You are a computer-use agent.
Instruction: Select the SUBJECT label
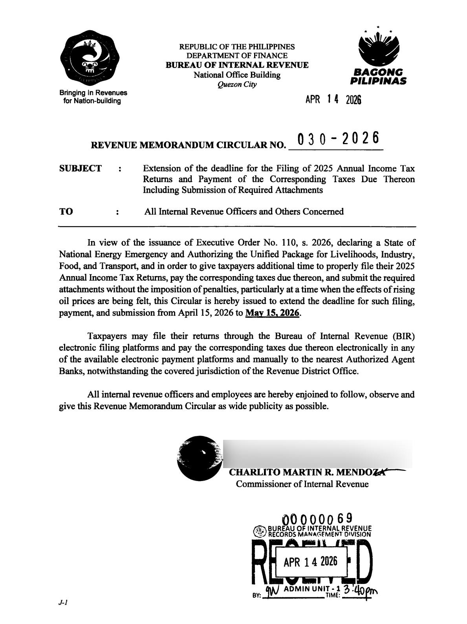pyautogui.click(x=80, y=168)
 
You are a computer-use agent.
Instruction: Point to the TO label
pyautogui.click(x=66, y=212)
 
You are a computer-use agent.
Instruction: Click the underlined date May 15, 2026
pyautogui.click(x=272, y=313)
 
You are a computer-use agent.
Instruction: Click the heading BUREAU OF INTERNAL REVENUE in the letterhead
pyautogui.click(x=237, y=65)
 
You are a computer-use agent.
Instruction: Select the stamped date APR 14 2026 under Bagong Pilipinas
pyautogui.click(x=333, y=100)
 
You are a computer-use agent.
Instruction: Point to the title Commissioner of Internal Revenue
pyautogui.click(x=302, y=484)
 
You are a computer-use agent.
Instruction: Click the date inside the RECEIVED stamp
pyautogui.click(x=310, y=562)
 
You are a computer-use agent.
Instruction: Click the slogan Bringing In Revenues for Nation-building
pyautogui.click(x=93, y=97)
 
